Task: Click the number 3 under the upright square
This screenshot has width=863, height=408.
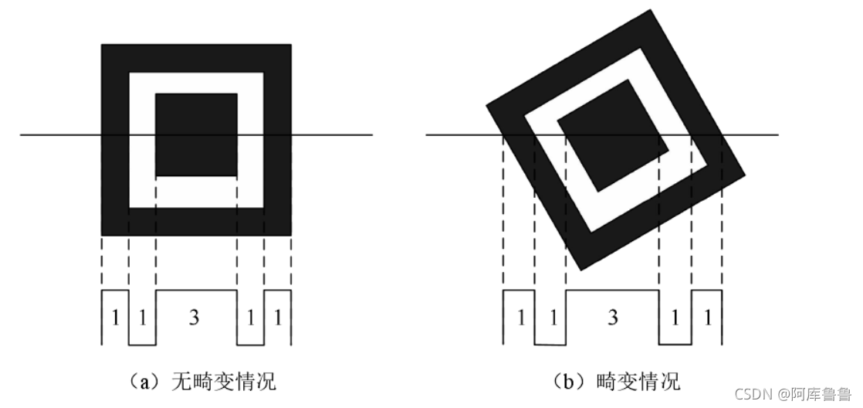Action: [x=195, y=318]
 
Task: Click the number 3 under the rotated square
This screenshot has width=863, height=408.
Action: [x=612, y=318]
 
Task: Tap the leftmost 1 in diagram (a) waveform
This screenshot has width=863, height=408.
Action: [x=115, y=318]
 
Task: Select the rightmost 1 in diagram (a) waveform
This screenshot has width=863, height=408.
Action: [x=278, y=318]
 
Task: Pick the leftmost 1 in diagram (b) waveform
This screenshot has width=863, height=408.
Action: [x=519, y=318]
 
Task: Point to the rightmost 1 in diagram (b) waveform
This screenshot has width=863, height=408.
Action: [x=707, y=318]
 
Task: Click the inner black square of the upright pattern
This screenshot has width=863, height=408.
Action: [x=196, y=135]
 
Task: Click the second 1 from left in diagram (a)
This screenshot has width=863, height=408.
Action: [x=142, y=318]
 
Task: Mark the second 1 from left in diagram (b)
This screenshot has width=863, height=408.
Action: [x=550, y=318]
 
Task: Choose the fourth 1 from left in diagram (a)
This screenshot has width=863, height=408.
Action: [x=250, y=318]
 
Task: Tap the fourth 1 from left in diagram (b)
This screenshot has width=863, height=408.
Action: [x=675, y=318]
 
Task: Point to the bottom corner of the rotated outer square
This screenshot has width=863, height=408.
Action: [x=578, y=270]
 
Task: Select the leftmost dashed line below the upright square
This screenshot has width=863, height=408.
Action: [x=101, y=263]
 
